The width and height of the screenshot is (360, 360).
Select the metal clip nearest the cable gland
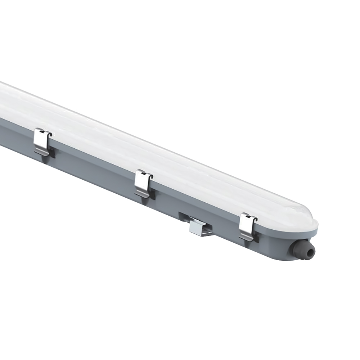[247, 226]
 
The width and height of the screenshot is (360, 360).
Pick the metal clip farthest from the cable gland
[42, 141]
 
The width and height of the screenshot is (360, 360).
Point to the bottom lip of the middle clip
[141, 195]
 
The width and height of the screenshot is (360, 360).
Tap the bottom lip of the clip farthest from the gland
[40, 153]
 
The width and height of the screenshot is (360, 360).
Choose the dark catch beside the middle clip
[153, 195]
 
